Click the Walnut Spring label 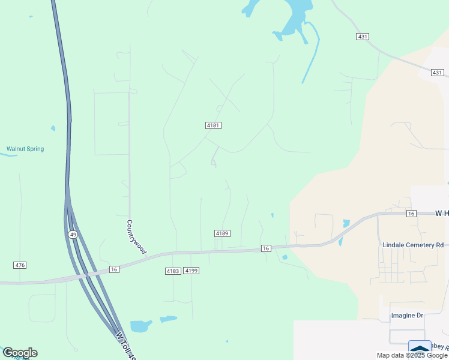click(x=25, y=149)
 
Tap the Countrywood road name click(x=136, y=237)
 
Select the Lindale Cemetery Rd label click(x=413, y=245)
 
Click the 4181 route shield click(x=213, y=125)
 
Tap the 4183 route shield click(x=173, y=271)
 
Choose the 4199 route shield click(x=191, y=271)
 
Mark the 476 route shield click(x=20, y=265)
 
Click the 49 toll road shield click(x=72, y=234)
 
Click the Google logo click(x=19, y=353)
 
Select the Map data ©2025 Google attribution click(x=412, y=355)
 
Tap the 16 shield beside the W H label click(x=411, y=214)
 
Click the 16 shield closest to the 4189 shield click(x=266, y=248)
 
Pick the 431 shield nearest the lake click(x=362, y=37)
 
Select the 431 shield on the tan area click(x=437, y=73)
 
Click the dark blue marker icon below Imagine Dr click(x=420, y=349)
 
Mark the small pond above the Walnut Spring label click(x=53, y=128)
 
